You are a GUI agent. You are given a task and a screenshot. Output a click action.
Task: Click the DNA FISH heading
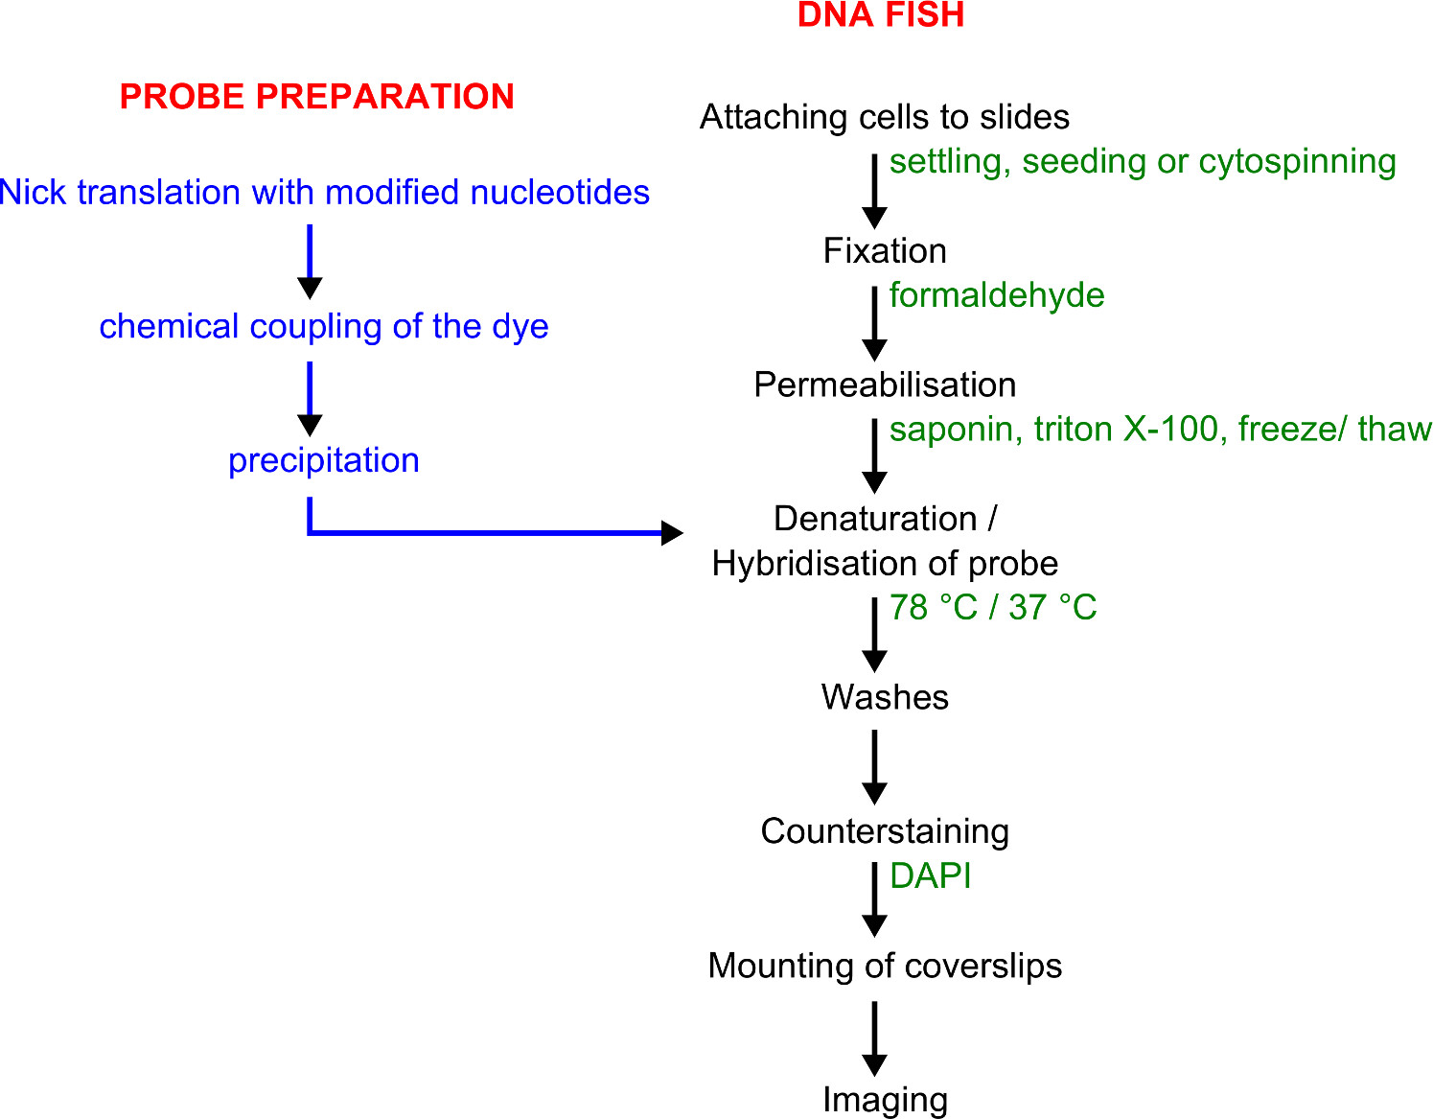(880, 15)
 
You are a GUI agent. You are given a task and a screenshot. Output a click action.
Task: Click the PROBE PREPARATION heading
(316, 97)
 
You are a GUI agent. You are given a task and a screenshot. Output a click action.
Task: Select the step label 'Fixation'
(884, 251)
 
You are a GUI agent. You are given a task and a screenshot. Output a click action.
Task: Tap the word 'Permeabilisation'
(884, 385)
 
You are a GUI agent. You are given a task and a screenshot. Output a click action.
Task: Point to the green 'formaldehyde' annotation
(996, 295)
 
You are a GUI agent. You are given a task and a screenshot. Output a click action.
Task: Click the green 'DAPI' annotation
(930, 876)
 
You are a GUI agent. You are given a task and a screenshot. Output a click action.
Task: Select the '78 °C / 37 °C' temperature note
(992, 608)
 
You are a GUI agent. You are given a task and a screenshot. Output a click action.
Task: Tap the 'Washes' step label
(884, 697)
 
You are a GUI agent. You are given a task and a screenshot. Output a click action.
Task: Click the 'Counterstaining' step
(884, 831)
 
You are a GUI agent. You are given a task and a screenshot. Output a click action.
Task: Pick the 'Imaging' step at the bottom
(884, 1100)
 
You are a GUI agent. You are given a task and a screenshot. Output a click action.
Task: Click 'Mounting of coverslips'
(884, 966)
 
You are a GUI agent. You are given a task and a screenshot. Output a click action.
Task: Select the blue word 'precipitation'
(323, 461)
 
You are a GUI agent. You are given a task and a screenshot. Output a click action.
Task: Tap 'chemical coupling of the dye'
(323, 327)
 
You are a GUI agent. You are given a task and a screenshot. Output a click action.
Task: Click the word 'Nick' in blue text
(34, 193)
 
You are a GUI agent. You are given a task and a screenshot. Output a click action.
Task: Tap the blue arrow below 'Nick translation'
(310, 261)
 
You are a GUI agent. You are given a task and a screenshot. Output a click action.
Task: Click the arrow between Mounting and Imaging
(874, 1037)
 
